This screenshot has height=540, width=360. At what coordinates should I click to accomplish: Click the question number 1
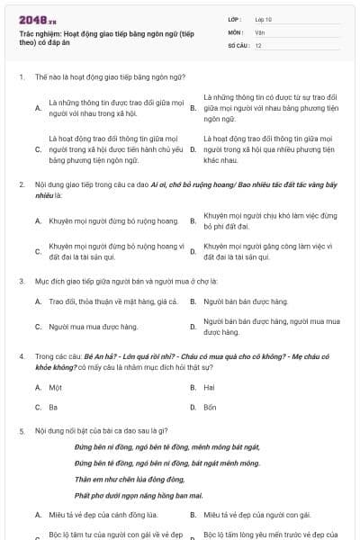pos(21,77)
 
